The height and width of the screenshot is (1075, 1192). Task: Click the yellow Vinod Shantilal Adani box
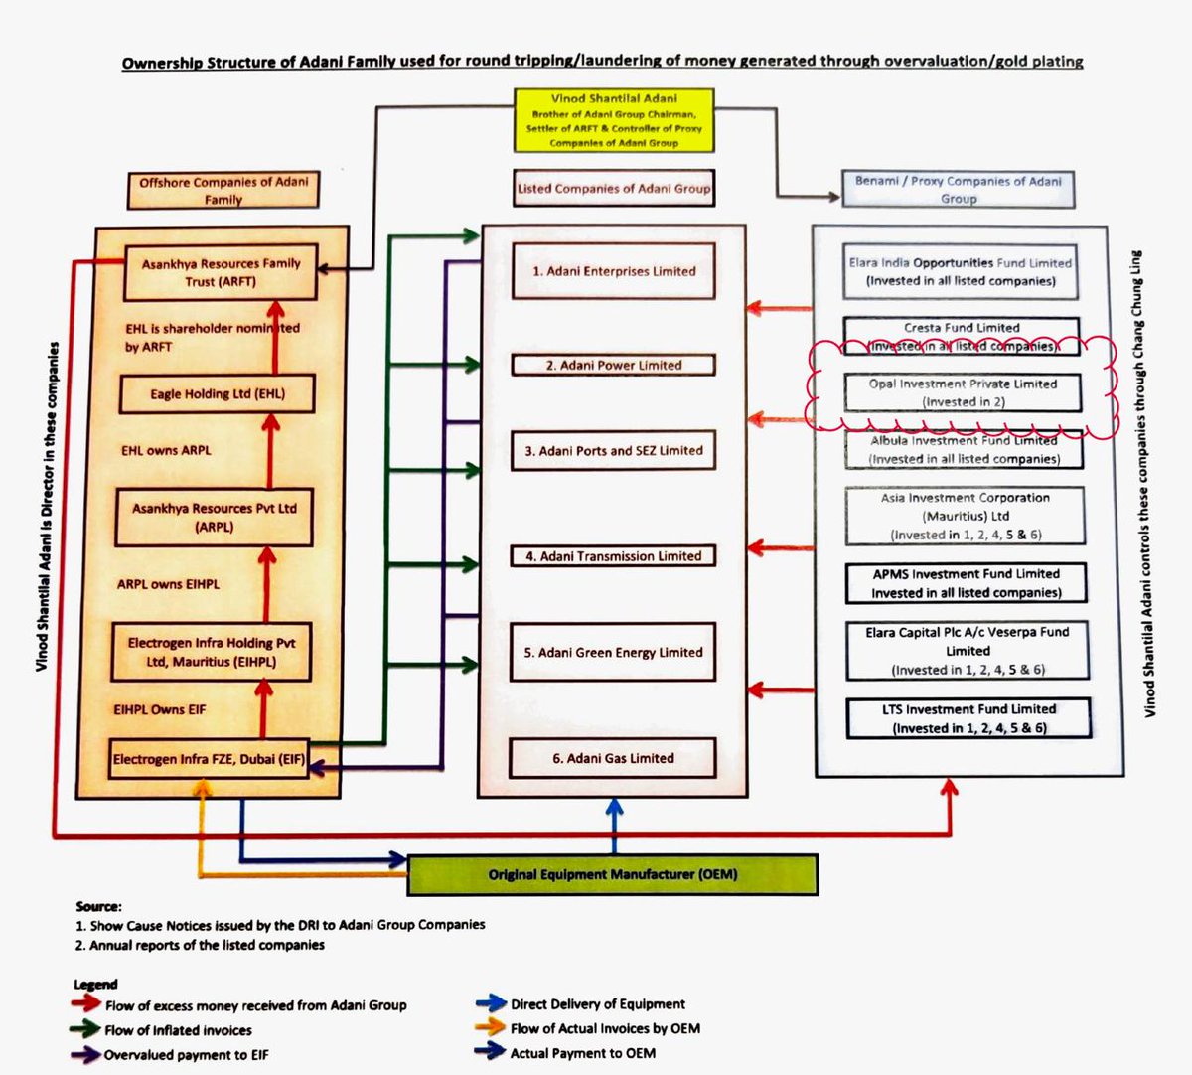[614, 120]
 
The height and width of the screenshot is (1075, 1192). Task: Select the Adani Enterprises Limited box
[613, 271]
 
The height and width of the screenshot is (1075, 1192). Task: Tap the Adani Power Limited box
[613, 365]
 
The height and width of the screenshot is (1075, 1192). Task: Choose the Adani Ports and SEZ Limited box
[613, 451]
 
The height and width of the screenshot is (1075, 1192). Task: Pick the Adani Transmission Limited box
[613, 556]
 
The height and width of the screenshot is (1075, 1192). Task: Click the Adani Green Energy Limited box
[613, 652]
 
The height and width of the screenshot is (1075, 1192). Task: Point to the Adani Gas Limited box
[613, 758]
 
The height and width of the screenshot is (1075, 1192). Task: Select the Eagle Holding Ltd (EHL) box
[218, 394]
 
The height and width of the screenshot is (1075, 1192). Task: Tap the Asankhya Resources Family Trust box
[221, 272]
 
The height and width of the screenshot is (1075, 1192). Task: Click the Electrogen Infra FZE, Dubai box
[209, 760]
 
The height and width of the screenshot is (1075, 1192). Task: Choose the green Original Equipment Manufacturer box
[613, 875]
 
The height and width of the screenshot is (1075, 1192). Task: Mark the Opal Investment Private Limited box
[963, 392]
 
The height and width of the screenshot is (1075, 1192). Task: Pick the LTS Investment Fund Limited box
[968, 718]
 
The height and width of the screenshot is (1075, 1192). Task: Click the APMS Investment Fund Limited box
[966, 583]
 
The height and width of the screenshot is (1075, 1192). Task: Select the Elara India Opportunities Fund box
[960, 271]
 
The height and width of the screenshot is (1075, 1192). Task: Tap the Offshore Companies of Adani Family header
[223, 190]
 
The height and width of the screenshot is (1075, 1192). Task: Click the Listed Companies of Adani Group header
[614, 188]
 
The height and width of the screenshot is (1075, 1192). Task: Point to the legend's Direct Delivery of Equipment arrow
[491, 1004]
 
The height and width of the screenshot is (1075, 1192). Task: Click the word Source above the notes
[98, 906]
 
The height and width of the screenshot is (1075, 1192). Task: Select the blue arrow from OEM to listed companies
[615, 827]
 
